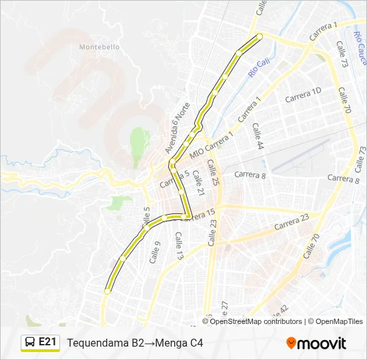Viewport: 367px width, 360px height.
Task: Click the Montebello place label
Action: click(x=99, y=47)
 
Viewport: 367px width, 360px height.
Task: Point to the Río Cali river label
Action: click(x=258, y=66)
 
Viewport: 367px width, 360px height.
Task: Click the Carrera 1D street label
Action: click(x=304, y=94)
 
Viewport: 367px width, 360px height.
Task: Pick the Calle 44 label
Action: click(x=258, y=136)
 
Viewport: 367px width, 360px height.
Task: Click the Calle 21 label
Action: click(x=198, y=183)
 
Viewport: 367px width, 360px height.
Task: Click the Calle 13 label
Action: click(x=179, y=246)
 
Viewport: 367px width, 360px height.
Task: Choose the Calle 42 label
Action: click(x=280, y=311)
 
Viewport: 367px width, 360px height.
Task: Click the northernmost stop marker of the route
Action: click(x=260, y=36)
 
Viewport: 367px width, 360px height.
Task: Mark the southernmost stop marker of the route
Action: click(x=107, y=291)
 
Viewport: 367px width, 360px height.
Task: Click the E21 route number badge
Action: click(x=47, y=342)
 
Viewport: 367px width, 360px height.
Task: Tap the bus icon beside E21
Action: click(x=30, y=343)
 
